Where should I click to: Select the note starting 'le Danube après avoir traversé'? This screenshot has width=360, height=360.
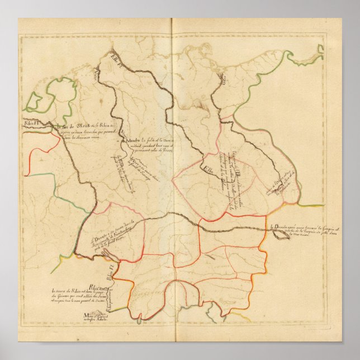(296, 231)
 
